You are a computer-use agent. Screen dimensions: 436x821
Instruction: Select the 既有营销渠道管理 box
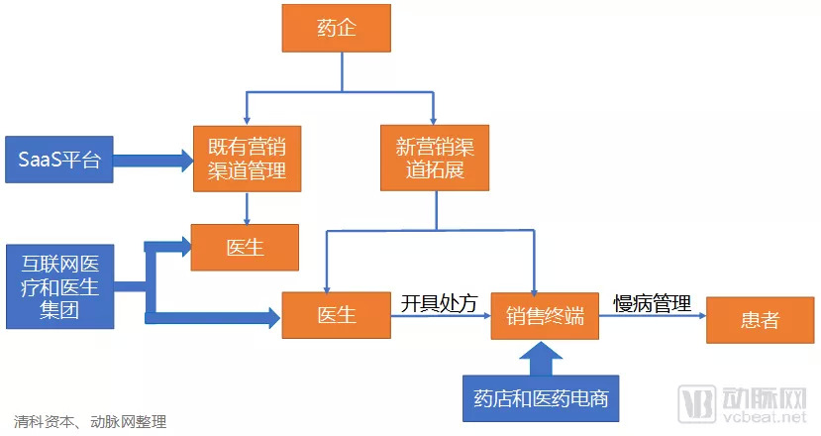point(247,159)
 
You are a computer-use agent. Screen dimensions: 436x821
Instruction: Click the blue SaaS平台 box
point(59,160)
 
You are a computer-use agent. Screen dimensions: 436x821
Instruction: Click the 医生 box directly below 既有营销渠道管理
point(245,247)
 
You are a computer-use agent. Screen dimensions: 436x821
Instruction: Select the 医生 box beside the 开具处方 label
point(337,317)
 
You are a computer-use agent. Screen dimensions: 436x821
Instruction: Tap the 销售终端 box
point(545,317)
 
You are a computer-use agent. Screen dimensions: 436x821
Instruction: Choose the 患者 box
point(760,319)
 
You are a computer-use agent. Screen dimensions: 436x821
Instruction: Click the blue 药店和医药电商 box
point(540,399)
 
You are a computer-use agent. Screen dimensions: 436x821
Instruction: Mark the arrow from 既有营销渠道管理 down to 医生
point(246,206)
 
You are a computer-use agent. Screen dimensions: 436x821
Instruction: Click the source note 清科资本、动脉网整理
point(90,420)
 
